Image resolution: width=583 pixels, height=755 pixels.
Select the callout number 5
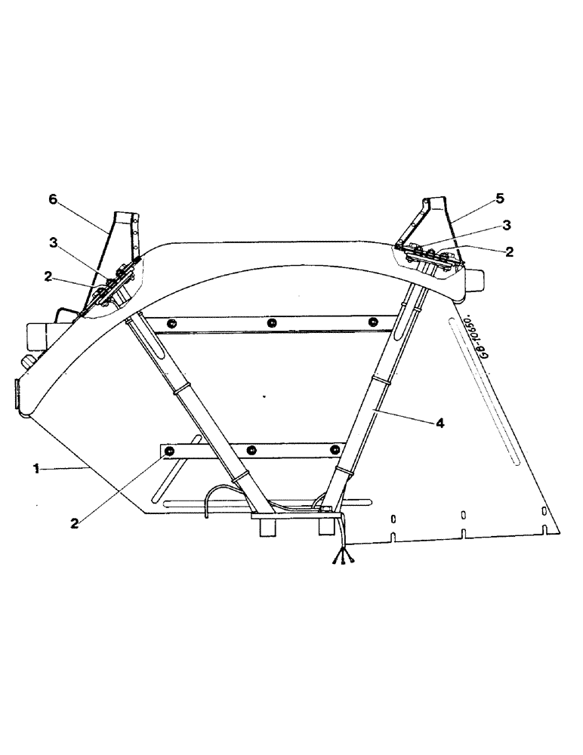(500, 199)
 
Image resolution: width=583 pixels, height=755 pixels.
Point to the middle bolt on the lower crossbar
(250, 451)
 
